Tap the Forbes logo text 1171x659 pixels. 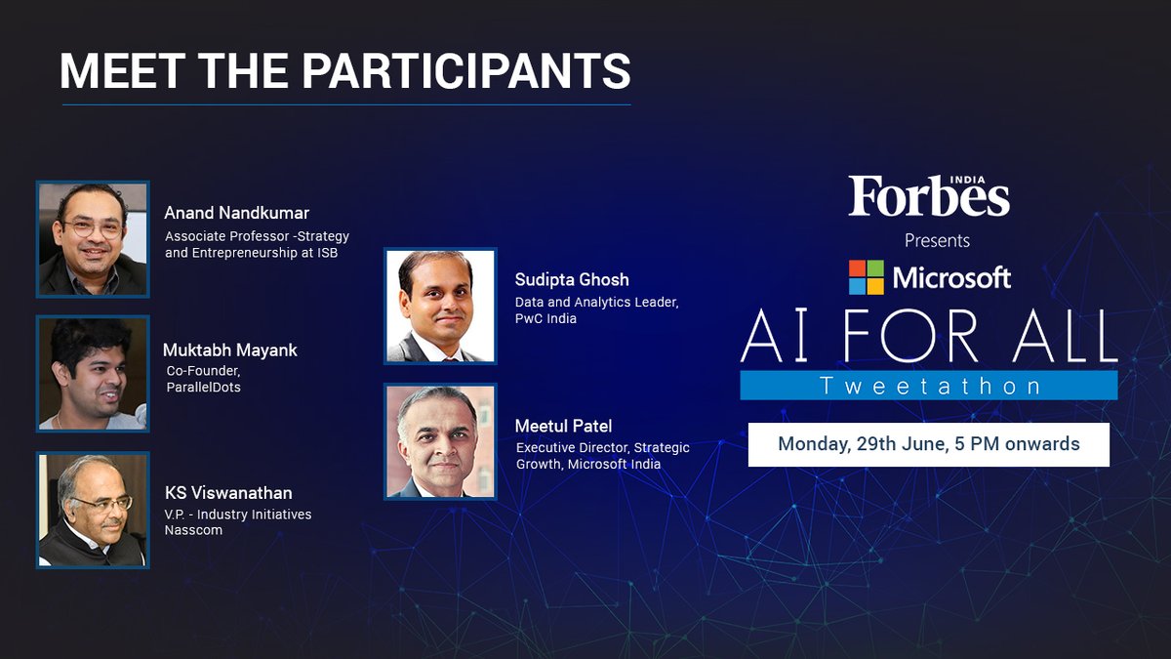[x=928, y=198]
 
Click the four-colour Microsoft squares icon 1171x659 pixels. [x=866, y=277]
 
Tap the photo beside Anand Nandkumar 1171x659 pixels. [x=93, y=238]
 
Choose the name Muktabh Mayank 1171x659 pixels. [x=230, y=350]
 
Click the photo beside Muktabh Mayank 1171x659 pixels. [x=93, y=374]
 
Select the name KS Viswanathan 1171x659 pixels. [x=228, y=493]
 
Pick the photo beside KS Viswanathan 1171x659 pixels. [x=93, y=510]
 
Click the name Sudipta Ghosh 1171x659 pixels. [x=572, y=280]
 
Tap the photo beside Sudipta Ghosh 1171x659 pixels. [x=441, y=306]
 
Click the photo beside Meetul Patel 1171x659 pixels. [x=441, y=441]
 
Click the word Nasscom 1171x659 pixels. [x=193, y=529]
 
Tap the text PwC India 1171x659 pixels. [x=545, y=318]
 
